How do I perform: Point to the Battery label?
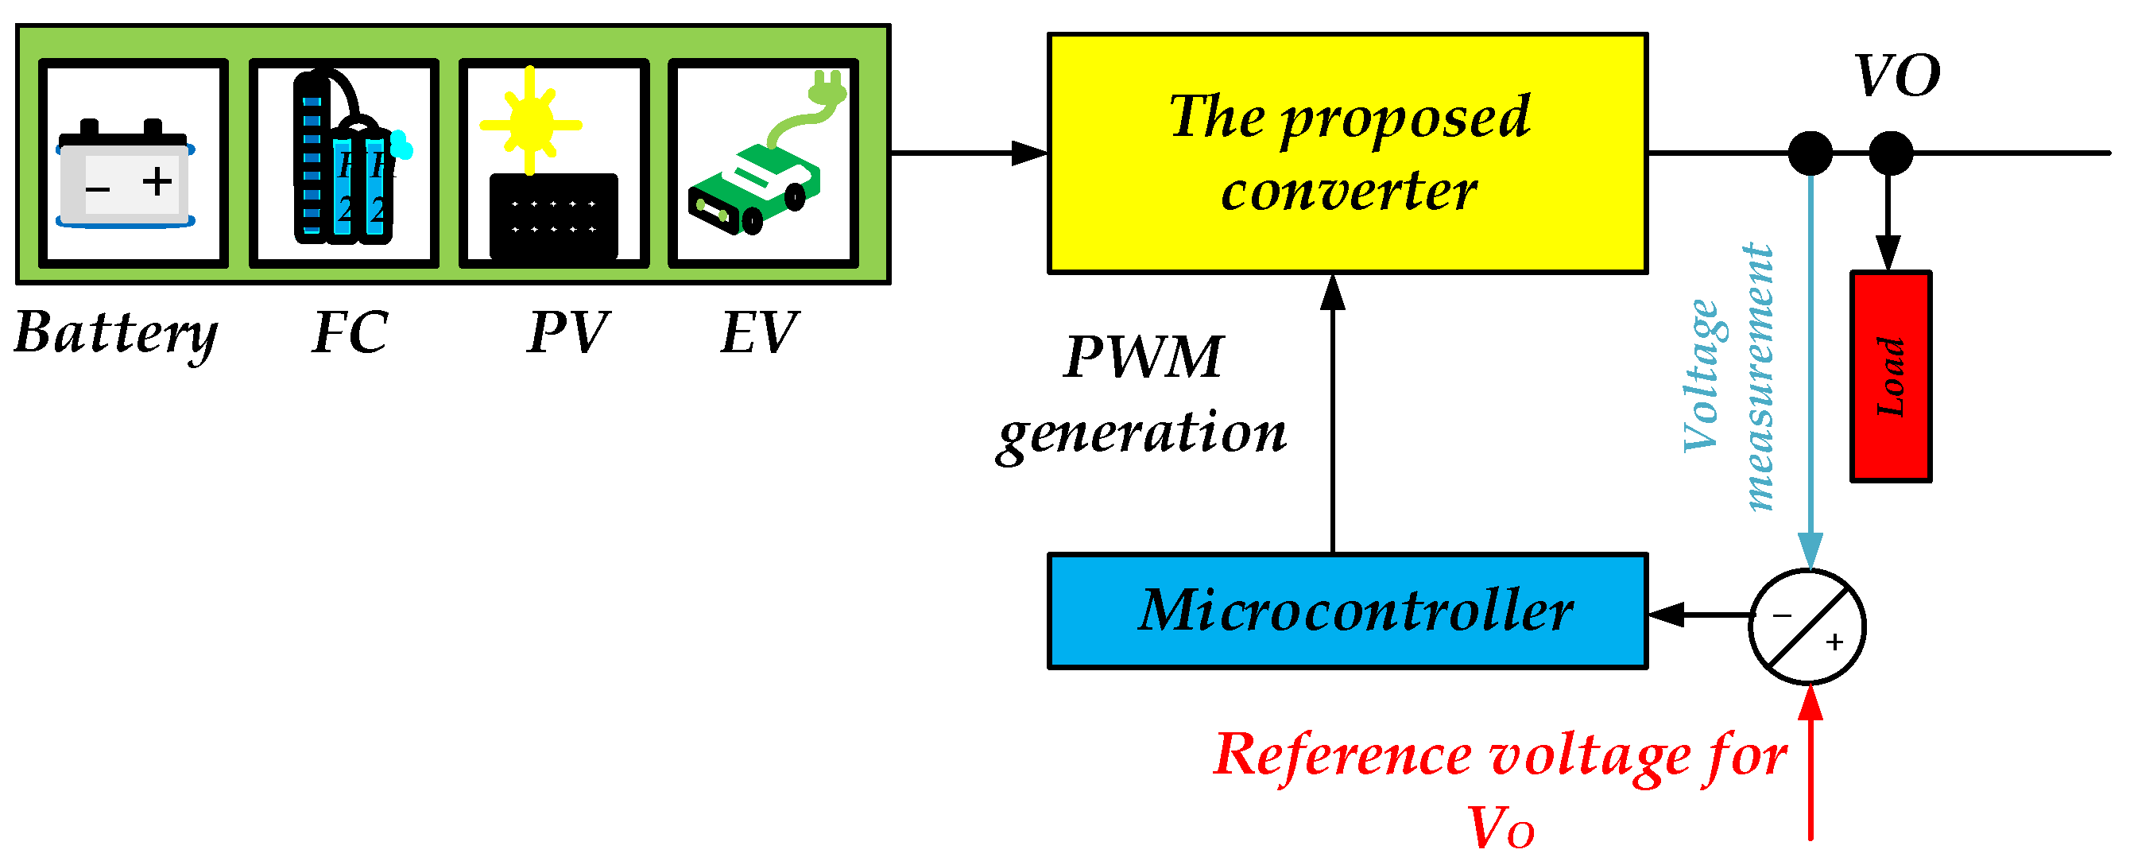(x=116, y=333)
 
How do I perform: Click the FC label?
(x=350, y=333)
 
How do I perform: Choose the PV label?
(x=568, y=333)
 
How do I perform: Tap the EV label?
(x=759, y=333)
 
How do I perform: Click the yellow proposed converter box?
(x=1348, y=153)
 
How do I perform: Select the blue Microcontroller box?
(x=1348, y=611)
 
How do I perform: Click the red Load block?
(x=1890, y=376)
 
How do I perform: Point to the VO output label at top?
(x=1897, y=76)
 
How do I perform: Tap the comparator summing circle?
(x=1807, y=626)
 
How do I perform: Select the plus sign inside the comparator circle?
(x=1834, y=642)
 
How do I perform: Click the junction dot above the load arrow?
(x=1890, y=153)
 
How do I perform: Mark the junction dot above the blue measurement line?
(x=1810, y=153)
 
